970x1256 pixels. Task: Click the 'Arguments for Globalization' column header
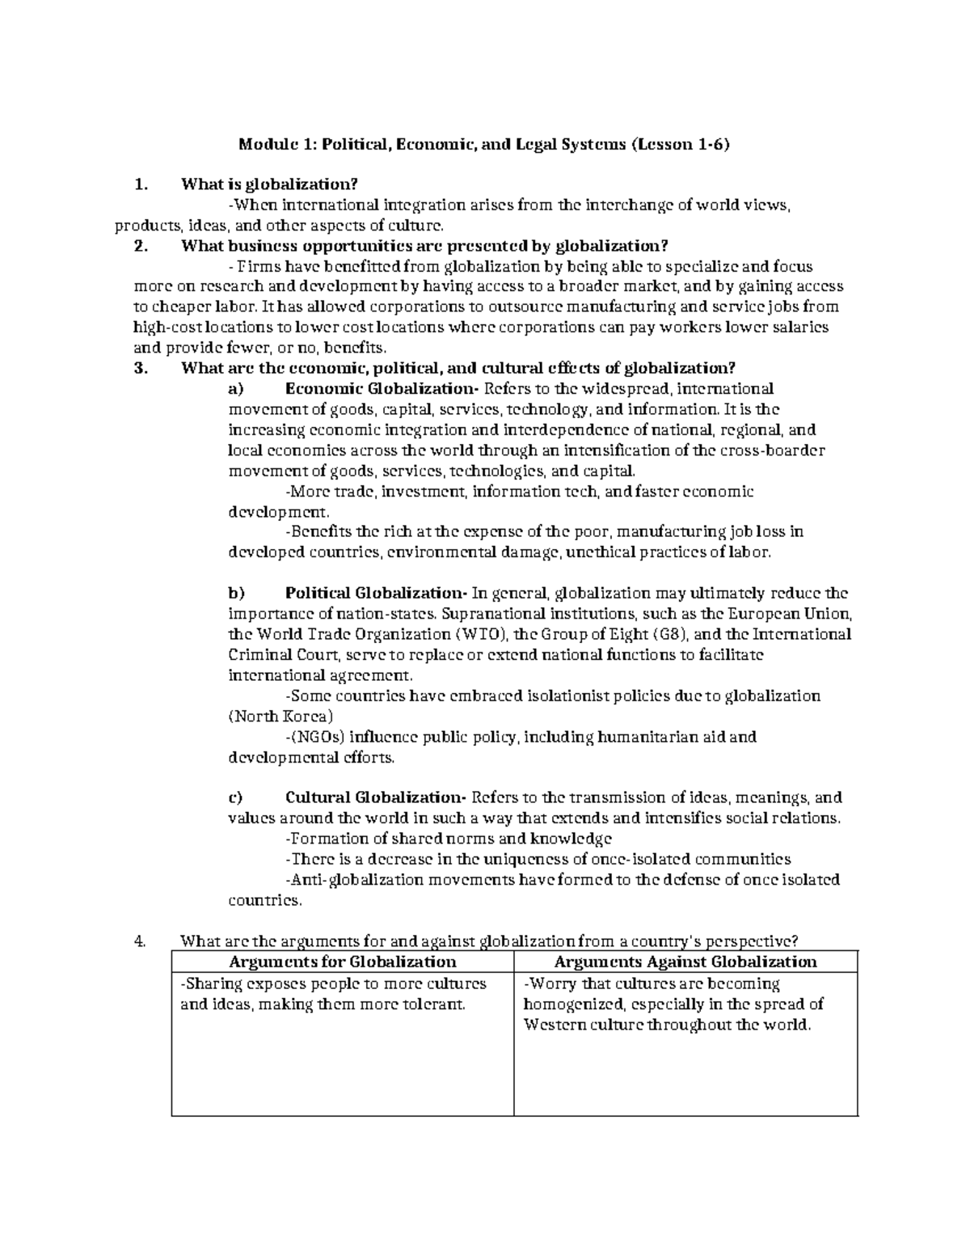[343, 962]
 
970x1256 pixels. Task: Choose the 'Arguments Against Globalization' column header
[685, 962]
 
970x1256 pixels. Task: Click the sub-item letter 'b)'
[236, 593]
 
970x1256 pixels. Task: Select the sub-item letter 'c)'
[235, 797]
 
